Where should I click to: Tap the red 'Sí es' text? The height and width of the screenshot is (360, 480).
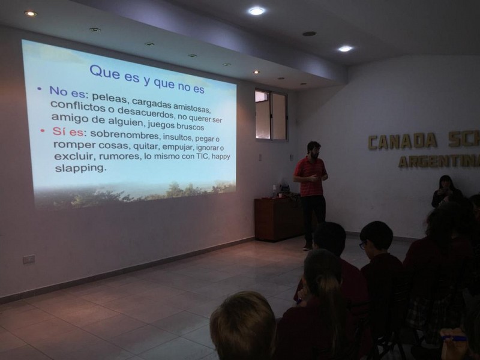68,131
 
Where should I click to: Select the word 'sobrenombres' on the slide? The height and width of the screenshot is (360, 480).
125,134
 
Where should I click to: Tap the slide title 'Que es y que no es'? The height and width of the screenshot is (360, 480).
146,79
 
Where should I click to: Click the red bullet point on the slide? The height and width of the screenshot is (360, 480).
43,131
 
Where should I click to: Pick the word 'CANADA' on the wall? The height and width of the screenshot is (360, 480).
403,141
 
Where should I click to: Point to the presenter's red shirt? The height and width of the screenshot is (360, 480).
310,176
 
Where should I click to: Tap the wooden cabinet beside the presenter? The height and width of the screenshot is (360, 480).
278,218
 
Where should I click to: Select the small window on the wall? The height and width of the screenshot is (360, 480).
271,115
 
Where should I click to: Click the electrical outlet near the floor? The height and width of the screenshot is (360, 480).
29,260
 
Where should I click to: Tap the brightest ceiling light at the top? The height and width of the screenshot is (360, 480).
257,11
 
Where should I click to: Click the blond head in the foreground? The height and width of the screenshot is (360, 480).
243,325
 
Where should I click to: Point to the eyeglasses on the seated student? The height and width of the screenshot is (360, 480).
363,245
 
